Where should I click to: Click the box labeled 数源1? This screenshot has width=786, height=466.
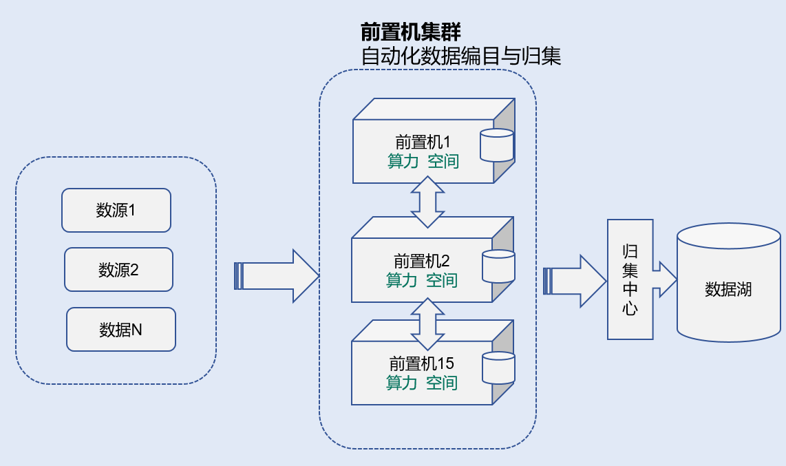click(x=116, y=210)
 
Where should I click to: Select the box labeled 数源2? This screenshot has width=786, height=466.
click(x=118, y=270)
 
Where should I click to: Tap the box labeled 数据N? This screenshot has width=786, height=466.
click(x=121, y=330)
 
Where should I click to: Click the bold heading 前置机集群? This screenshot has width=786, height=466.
click(x=410, y=32)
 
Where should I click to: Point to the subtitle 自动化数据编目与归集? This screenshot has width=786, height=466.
click(x=461, y=56)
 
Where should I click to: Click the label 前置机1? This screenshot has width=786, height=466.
click(x=423, y=142)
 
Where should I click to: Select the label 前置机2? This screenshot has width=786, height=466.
click(x=421, y=261)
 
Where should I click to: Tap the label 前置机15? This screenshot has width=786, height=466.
click(x=421, y=363)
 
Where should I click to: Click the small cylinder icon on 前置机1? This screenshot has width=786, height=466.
click(x=497, y=145)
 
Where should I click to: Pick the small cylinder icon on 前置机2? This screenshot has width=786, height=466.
click(x=499, y=266)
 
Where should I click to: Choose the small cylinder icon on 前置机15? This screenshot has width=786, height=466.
click(x=499, y=368)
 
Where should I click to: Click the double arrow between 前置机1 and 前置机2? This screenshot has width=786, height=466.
click(x=428, y=202)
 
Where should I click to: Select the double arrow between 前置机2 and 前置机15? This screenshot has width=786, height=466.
click(x=428, y=324)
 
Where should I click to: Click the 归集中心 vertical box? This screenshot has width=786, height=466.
click(x=630, y=279)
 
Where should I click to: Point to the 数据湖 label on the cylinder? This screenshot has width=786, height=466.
click(x=728, y=289)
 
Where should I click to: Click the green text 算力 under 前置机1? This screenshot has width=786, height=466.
click(x=401, y=162)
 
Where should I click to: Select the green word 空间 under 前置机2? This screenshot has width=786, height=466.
click(x=442, y=280)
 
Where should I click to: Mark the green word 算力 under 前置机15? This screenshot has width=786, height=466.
click(x=401, y=383)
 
